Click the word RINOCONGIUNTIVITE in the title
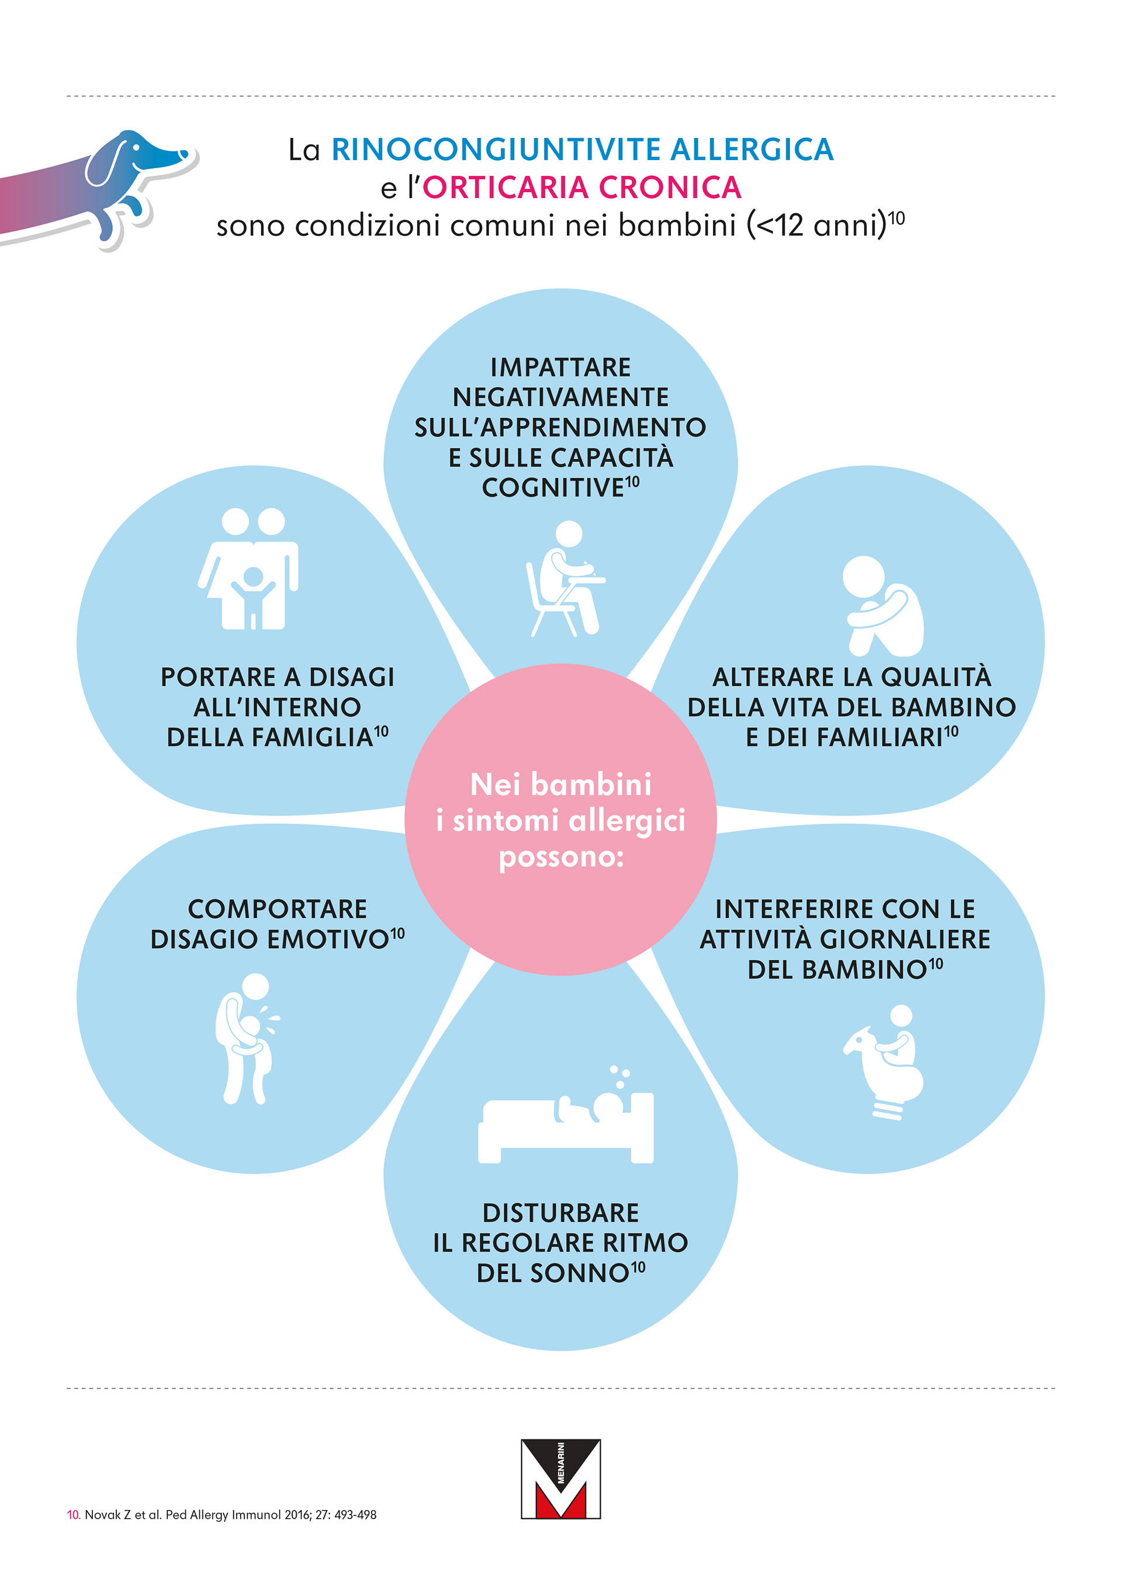pos(496,150)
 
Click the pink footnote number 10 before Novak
pos(73,1515)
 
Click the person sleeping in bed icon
pos(566,1119)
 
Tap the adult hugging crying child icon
pos(246,1037)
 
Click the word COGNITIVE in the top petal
pos(553,488)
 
